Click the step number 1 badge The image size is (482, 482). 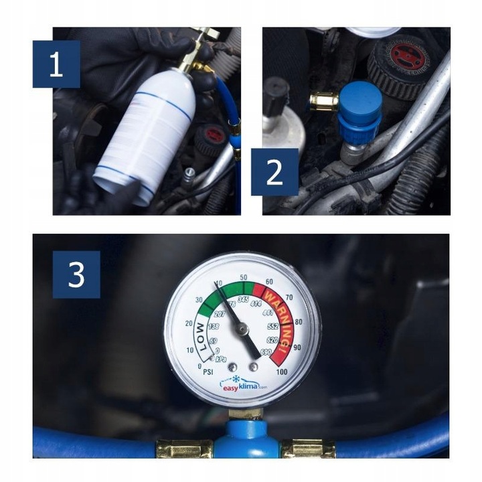coord(56,64)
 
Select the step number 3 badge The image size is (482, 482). coord(76,274)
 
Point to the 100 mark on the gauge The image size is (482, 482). coord(281,372)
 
